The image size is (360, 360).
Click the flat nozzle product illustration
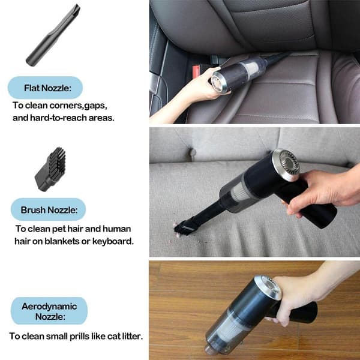click(53, 35)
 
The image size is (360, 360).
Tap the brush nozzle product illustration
click(50, 169)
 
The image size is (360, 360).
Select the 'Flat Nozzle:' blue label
click(45, 88)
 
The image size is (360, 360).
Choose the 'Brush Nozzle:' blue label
click(49, 209)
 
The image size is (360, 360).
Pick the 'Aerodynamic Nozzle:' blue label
click(49, 311)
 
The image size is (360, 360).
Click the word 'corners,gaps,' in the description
click(79, 106)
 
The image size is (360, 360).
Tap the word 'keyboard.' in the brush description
click(113, 241)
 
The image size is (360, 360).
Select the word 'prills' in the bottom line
click(78, 337)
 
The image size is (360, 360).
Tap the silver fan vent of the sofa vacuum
click(286, 164)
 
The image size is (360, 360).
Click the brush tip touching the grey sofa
click(184, 228)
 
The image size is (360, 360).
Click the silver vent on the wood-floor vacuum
click(269, 287)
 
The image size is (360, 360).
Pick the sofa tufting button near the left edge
click(192, 152)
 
